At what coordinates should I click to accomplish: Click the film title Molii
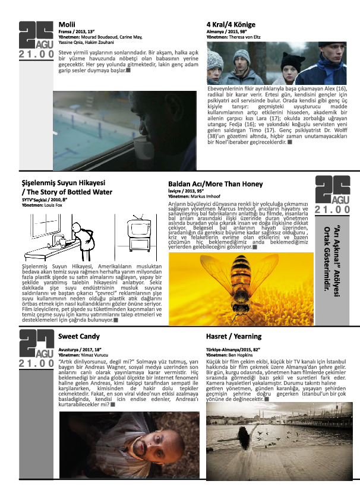(x=67, y=24)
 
